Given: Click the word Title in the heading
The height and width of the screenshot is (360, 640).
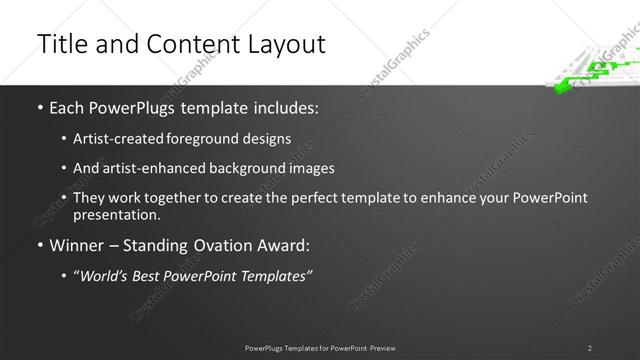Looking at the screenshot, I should coord(59,44).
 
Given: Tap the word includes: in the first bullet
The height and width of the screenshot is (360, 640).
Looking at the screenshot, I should coord(282,105).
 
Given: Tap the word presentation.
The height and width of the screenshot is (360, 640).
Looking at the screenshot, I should coord(115,214).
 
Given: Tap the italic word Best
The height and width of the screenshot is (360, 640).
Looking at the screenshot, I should coord(151,275).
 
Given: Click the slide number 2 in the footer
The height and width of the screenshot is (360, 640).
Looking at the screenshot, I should coord(590,347).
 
